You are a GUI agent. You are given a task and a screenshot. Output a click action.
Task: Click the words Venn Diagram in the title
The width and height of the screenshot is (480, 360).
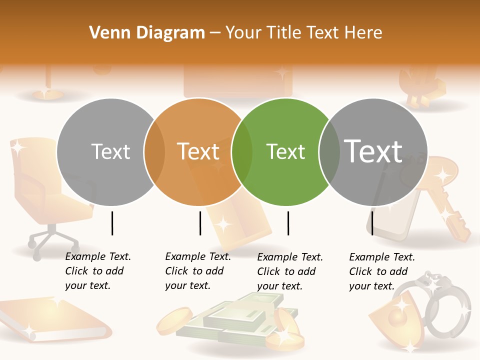point(147,32)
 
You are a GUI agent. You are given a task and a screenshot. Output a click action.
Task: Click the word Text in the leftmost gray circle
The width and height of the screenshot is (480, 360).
point(110,151)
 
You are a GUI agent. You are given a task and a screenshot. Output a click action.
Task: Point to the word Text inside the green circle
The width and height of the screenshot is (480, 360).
point(285,151)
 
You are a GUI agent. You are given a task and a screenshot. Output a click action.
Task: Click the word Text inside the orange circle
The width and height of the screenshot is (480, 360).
point(198,151)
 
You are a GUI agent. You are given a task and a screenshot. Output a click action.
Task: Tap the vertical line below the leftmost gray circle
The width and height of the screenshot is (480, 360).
point(112,223)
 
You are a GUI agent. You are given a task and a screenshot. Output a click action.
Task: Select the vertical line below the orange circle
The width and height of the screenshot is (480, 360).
point(200,223)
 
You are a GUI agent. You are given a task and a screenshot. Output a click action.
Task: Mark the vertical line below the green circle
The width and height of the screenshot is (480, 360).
point(288,223)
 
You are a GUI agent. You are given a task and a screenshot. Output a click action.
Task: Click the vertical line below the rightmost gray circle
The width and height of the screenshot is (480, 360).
point(372,223)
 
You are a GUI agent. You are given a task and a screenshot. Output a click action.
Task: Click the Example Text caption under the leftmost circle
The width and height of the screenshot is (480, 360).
point(98,271)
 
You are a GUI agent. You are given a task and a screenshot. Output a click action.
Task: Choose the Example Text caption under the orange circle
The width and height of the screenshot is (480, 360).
point(198,271)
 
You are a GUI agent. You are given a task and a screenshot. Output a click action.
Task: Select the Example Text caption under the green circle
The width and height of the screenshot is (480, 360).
point(290,271)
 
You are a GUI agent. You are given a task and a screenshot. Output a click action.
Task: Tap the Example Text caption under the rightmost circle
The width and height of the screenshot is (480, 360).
point(382,271)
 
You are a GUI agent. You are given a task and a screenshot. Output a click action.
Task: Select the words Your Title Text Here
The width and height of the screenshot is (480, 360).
point(303,32)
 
